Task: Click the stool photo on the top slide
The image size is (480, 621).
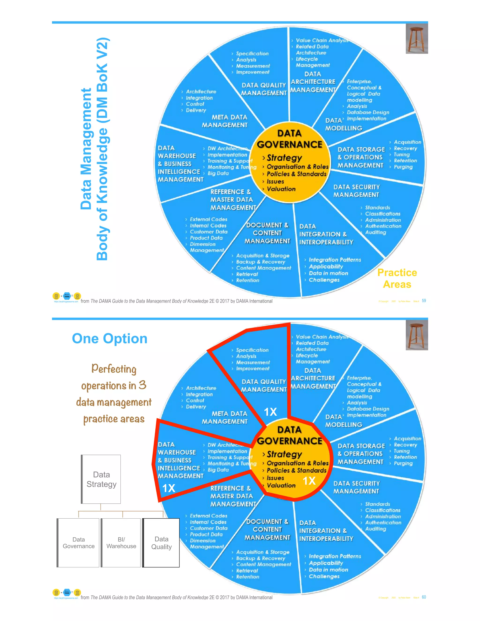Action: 416,38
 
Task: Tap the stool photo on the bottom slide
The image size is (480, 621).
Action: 416,335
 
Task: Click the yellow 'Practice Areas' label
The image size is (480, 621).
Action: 397,278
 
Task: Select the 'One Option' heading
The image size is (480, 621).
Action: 109,338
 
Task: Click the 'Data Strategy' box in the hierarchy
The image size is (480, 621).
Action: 101,479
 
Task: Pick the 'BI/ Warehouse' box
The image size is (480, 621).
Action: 121,542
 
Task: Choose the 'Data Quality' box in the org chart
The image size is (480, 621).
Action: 161,542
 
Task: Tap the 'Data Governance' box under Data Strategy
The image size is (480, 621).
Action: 79,542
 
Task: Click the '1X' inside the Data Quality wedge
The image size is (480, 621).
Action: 270,412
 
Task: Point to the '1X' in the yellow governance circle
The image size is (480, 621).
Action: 309,481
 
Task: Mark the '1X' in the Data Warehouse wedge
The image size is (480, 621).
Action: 169,488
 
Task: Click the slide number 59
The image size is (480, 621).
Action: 424,301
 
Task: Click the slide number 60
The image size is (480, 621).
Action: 424,597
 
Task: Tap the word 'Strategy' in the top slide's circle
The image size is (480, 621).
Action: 284,157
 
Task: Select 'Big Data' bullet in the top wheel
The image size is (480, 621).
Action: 218,173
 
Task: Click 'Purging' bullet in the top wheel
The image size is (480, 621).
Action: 403,167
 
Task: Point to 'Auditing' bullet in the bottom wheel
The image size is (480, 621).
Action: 375,529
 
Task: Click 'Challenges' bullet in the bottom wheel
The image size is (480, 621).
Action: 324,576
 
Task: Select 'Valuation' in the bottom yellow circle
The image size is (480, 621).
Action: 281,485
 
